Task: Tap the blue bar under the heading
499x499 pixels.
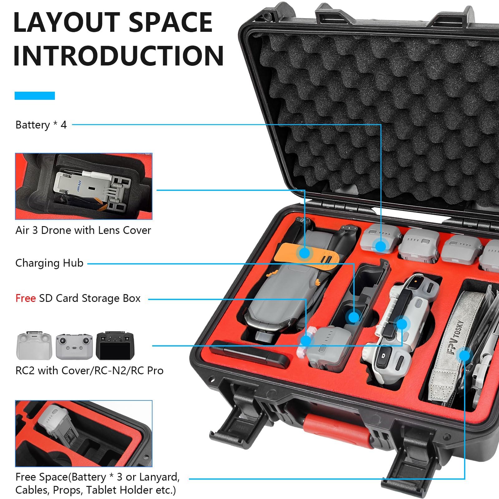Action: click(x=35, y=96)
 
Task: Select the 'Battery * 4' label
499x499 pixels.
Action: click(x=41, y=125)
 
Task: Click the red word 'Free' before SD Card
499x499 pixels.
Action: click(x=26, y=298)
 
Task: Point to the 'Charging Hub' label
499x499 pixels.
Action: click(x=49, y=263)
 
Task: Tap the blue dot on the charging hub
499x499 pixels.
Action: click(x=354, y=317)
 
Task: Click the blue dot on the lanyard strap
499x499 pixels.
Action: click(x=464, y=356)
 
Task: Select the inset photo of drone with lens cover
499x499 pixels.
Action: click(x=84, y=186)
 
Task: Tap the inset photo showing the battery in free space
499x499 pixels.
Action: click(x=84, y=434)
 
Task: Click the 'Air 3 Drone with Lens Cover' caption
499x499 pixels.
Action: click(x=83, y=230)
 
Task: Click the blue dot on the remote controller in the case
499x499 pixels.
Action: click(x=402, y=324)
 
